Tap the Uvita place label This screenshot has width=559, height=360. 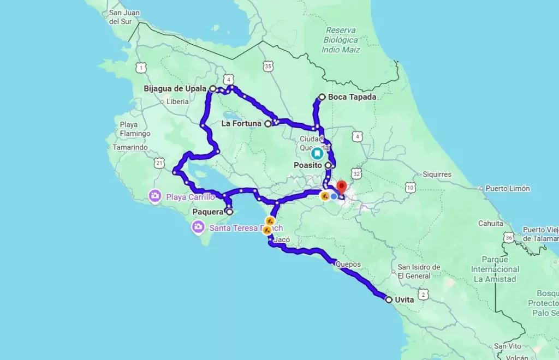pos(405,299)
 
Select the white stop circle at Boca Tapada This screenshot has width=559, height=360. pos(322,97)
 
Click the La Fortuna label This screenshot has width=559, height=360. pos(241,124)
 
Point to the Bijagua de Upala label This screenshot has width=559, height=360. pos(175,88)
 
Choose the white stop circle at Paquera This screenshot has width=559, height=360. pos(229,212)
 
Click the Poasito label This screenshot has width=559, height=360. pos(307,165)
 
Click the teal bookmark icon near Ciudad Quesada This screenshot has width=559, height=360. pos(317,154)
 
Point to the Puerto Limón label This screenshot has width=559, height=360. pos(508,189)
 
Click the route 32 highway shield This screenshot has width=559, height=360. pos(356,173)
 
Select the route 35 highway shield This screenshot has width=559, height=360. pos(267,67)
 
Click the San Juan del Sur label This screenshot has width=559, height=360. pos(123,17)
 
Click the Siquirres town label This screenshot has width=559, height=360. pos(437,175)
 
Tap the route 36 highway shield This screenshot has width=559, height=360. pos(509,237)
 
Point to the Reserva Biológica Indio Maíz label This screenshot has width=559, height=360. pos(341,40)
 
